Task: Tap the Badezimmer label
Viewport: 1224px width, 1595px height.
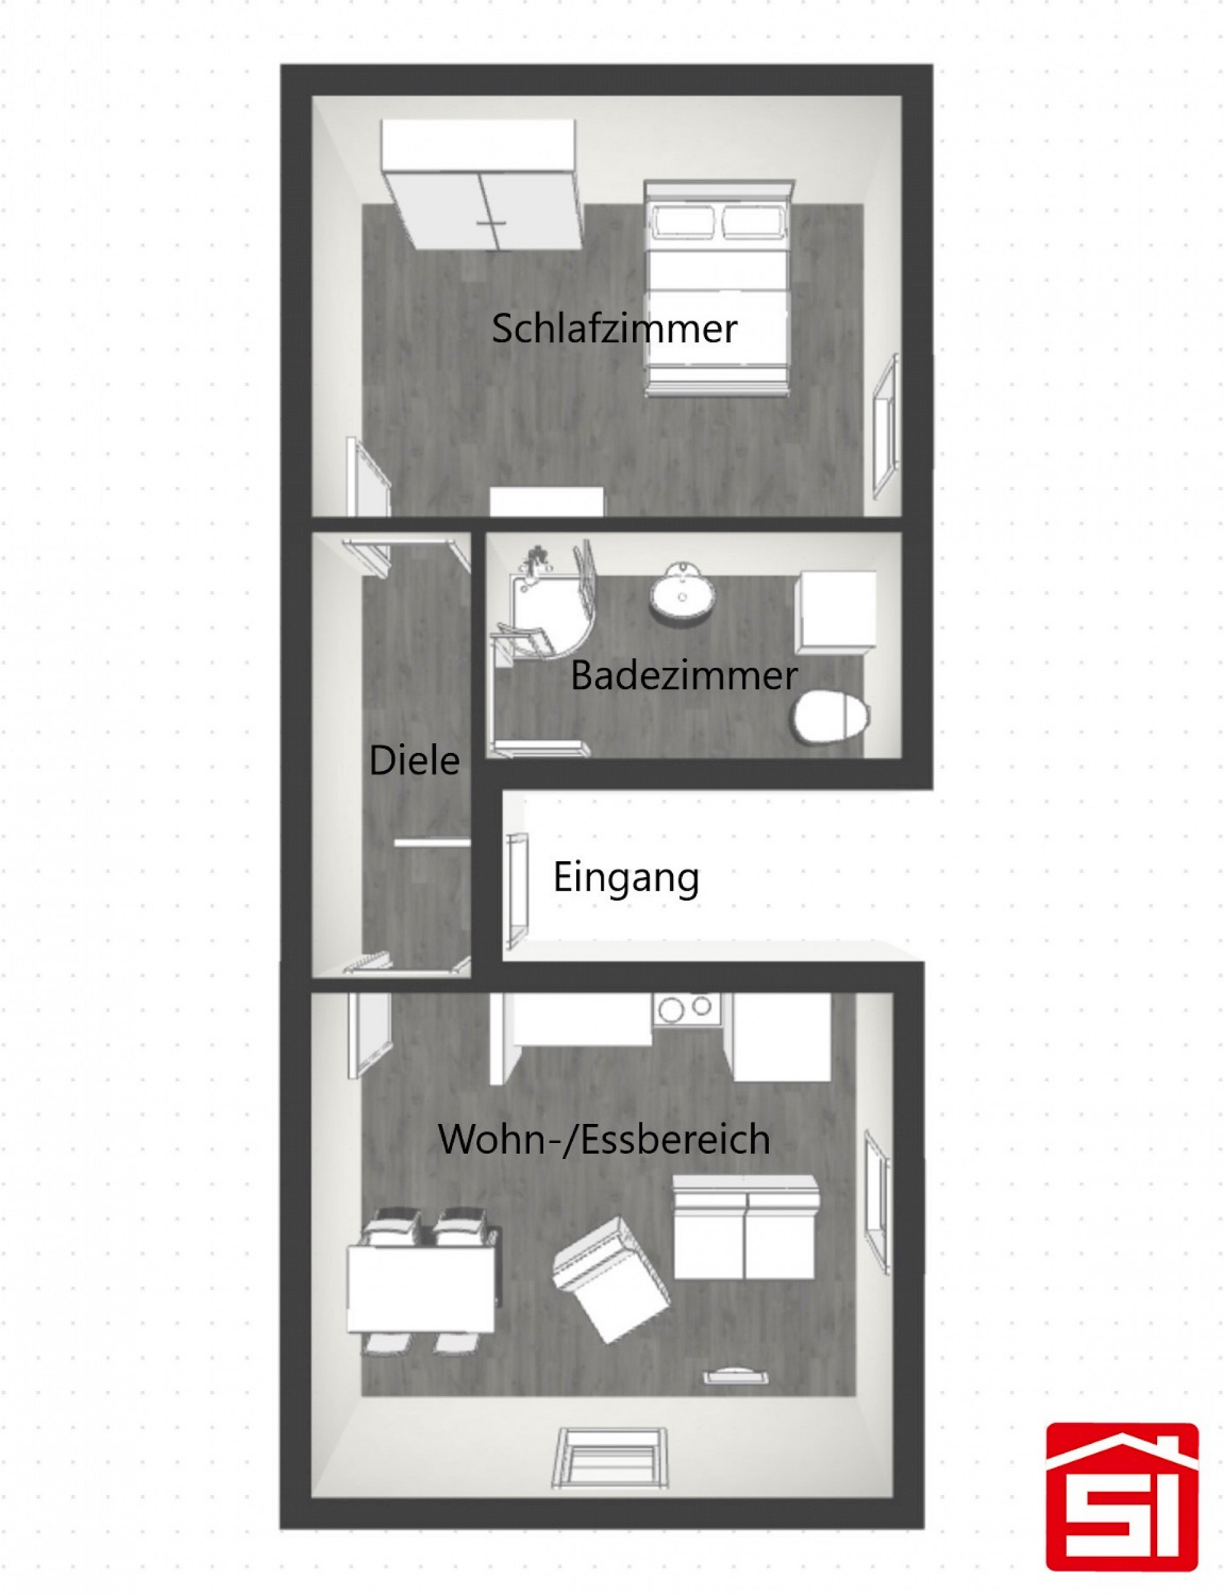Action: click(x=683, y=676)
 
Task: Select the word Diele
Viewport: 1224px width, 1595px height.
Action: click(x=414, y=761)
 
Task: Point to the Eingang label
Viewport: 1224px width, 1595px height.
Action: click(x=626, y=877)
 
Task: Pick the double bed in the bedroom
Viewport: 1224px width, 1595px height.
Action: click(x=718, y=289)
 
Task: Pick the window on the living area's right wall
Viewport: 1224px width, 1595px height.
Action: click(x=877, y=1202)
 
